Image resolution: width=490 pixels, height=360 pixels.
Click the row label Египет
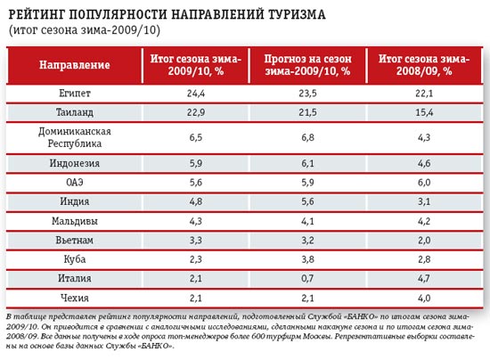(x=75, y=94)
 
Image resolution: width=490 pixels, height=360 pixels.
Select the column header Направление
(x=75, y=65)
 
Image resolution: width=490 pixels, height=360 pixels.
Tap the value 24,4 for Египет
(x=196, y=94)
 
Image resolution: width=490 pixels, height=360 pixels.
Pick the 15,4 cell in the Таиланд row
(x=424, y=112)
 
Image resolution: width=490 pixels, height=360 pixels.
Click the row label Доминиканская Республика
(x=75, y=137)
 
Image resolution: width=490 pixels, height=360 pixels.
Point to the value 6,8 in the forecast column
(x=308, y=137)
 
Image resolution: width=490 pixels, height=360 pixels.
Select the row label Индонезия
(x=75, y=163)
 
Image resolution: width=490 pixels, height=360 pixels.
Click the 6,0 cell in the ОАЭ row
(x=424, y=182)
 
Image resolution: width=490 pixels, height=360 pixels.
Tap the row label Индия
(x=75, y=201)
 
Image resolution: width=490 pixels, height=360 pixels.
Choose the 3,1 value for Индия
(x=424, y=201)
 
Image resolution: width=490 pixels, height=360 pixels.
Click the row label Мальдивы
(x=75, y=221)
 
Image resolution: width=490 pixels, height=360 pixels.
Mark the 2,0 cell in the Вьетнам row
(x=424, y=240)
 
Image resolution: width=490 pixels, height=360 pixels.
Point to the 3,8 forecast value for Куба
(x=308, y=259)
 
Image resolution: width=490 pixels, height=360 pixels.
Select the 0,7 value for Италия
(x=307, y=278)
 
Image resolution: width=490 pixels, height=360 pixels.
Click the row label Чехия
(x=75, y=298)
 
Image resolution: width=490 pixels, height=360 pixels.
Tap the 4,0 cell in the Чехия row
(x=424, y=298)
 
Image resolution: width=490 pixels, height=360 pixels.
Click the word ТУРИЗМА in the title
(x=298, y=14)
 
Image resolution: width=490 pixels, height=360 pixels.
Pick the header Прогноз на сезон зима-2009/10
(x=308, y=65)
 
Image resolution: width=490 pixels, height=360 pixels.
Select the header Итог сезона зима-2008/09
(x=424, y=65)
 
